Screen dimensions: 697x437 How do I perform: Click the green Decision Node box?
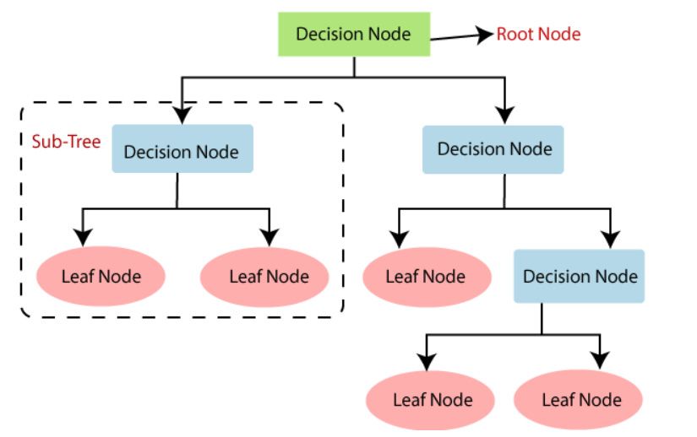(x=354, y=34)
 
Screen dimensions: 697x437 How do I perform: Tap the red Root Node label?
(x=538, y=34)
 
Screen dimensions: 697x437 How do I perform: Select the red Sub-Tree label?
(x=66, y=142)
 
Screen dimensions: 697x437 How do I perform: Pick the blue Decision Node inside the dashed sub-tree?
(x=182, y=148)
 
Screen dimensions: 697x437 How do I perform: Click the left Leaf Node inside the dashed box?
(x=101, y=277)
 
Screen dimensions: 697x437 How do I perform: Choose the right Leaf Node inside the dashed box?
(x=264, y=277)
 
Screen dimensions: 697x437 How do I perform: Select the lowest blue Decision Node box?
(x=580, y=276)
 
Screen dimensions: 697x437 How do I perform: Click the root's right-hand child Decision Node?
(x=493, y=149)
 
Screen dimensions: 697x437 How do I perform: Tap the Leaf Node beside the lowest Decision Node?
(x=427, y=277)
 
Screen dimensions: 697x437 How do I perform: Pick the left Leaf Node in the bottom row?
(x=430, y=400)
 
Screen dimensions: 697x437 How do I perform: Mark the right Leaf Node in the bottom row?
(x=578, y=399)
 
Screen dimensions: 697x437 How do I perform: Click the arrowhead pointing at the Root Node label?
(x=485, y=35)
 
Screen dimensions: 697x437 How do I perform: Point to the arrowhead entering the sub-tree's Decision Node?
(x=182, y=115)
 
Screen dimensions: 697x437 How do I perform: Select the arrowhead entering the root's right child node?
(x=504, y=115)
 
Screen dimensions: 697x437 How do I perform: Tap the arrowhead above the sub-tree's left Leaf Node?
(x=83, y=237)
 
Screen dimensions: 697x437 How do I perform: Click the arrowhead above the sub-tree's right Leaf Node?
(x=270, y=237)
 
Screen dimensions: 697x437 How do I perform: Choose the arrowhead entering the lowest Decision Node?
(x=611, y=240)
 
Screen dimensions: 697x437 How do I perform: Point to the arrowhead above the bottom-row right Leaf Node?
(x=600, y=360)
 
